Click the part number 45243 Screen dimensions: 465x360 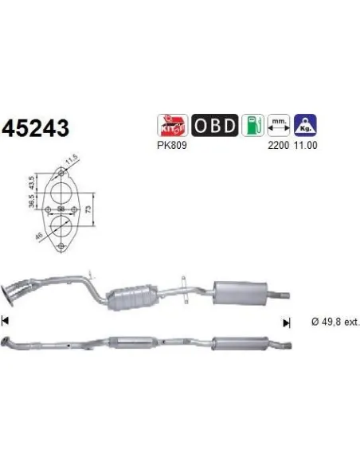pyautogui.click(x=37, y=128)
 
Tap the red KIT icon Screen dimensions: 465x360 pyautogui.click(x=174, y=126)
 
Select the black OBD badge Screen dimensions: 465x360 pyautogui.click(x=213, y=126)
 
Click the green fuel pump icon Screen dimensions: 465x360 pyautogui.click(x=252, y=126)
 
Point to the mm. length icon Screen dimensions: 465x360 pyautogui.click(x=279, y=126)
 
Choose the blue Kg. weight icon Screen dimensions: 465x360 pyautogui.click(x=305, y=126)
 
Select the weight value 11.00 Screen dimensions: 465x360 pyautogui.click(x=305, y=147)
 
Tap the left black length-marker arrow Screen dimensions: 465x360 pyautogui.click(x=6, y=322)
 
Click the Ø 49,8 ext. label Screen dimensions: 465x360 pyautogui.click(x=329, y=322)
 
